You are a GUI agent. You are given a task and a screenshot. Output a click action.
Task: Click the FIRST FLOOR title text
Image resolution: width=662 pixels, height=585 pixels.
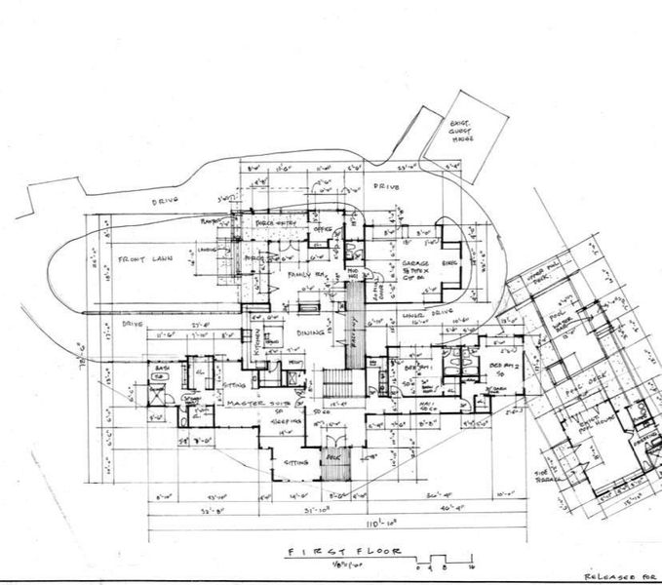coord(336,553)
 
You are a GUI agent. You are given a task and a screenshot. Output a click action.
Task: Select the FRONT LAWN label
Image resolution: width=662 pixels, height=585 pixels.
coord(147,260)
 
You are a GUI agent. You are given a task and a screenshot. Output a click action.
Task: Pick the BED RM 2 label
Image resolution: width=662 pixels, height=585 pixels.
coord(495,362)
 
